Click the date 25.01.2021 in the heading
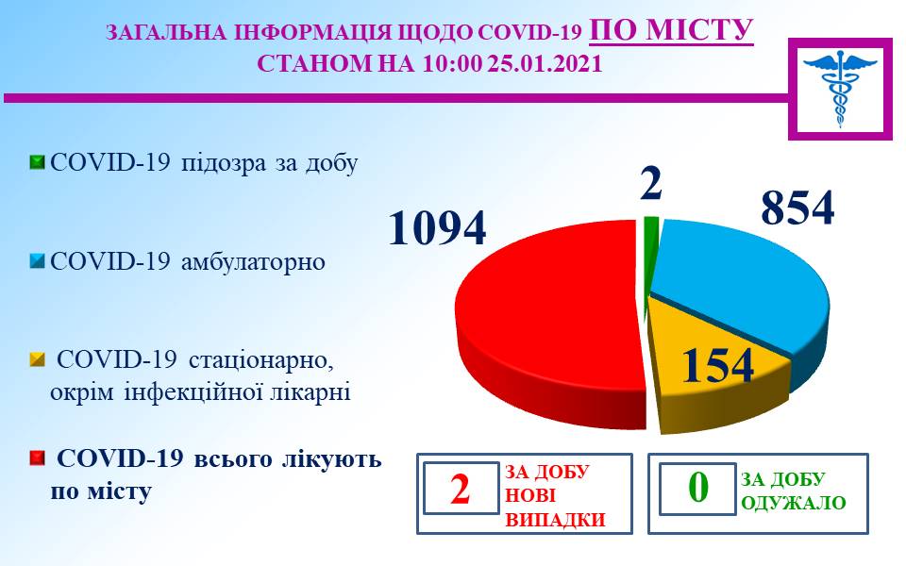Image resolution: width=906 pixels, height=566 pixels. pos(545,63)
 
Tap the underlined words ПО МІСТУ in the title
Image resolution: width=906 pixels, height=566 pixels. pos(671,30)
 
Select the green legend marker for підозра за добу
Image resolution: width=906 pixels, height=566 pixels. pos(37,163)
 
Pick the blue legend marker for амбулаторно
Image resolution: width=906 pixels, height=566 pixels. pos(37,262)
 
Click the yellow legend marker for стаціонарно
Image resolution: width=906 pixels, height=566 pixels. pos(37,359)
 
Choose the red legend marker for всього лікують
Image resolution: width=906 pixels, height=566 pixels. pos(37,459)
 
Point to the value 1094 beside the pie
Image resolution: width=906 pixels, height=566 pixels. pos(437,228)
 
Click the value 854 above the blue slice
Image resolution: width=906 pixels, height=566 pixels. pos(798,208)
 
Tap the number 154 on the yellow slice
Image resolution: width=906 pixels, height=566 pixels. pos(718,365)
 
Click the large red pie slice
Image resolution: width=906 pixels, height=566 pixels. pos(549,324)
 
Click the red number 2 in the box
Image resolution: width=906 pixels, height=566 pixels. pos(461,489)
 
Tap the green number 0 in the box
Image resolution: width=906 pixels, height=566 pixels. pos(698,488)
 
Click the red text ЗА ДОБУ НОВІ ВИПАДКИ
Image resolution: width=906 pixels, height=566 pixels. pos(555,495)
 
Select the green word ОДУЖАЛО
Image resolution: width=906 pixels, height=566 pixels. pos(794,503)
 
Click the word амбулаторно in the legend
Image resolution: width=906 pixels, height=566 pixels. pos(253,262)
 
